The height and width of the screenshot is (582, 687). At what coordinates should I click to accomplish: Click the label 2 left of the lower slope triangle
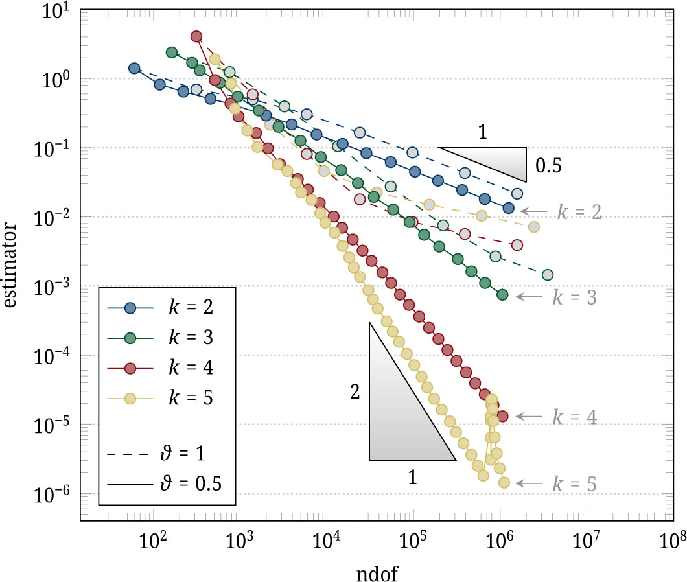(x=355, y=392)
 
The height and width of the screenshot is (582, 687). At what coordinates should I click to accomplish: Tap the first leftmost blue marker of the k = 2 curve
(x=134, y=68)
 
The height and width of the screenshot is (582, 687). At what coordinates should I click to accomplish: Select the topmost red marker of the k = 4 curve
(x=196, y=36)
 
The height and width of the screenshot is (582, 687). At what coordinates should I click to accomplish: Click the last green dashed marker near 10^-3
(x=547, y=275)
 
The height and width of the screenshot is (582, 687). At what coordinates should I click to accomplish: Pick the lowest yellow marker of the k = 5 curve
(x=504, y=482)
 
